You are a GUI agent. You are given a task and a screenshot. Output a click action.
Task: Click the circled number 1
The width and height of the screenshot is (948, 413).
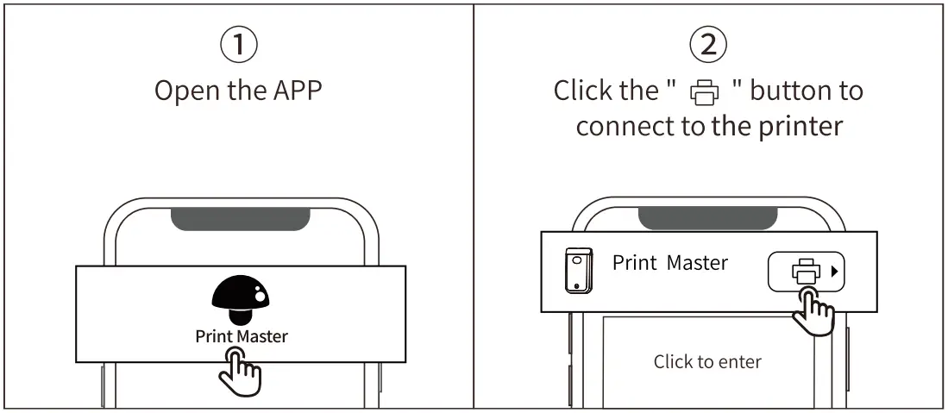click(239, 44)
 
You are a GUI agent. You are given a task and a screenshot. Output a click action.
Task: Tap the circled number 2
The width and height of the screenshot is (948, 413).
click(708, 44)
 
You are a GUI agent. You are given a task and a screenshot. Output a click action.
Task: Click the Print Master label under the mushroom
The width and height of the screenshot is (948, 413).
click(242, 336)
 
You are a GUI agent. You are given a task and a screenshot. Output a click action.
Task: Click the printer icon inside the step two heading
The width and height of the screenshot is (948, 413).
click(704, 92)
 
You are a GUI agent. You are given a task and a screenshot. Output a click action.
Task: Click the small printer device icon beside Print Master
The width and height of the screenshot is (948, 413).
click(577, 270)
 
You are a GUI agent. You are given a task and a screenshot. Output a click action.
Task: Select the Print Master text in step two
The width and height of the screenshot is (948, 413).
click(670, 263)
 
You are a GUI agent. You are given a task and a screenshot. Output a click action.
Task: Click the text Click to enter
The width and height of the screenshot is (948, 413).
click(707, 361)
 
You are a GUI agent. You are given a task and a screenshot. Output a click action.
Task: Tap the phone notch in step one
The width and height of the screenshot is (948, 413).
click(241, 218)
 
